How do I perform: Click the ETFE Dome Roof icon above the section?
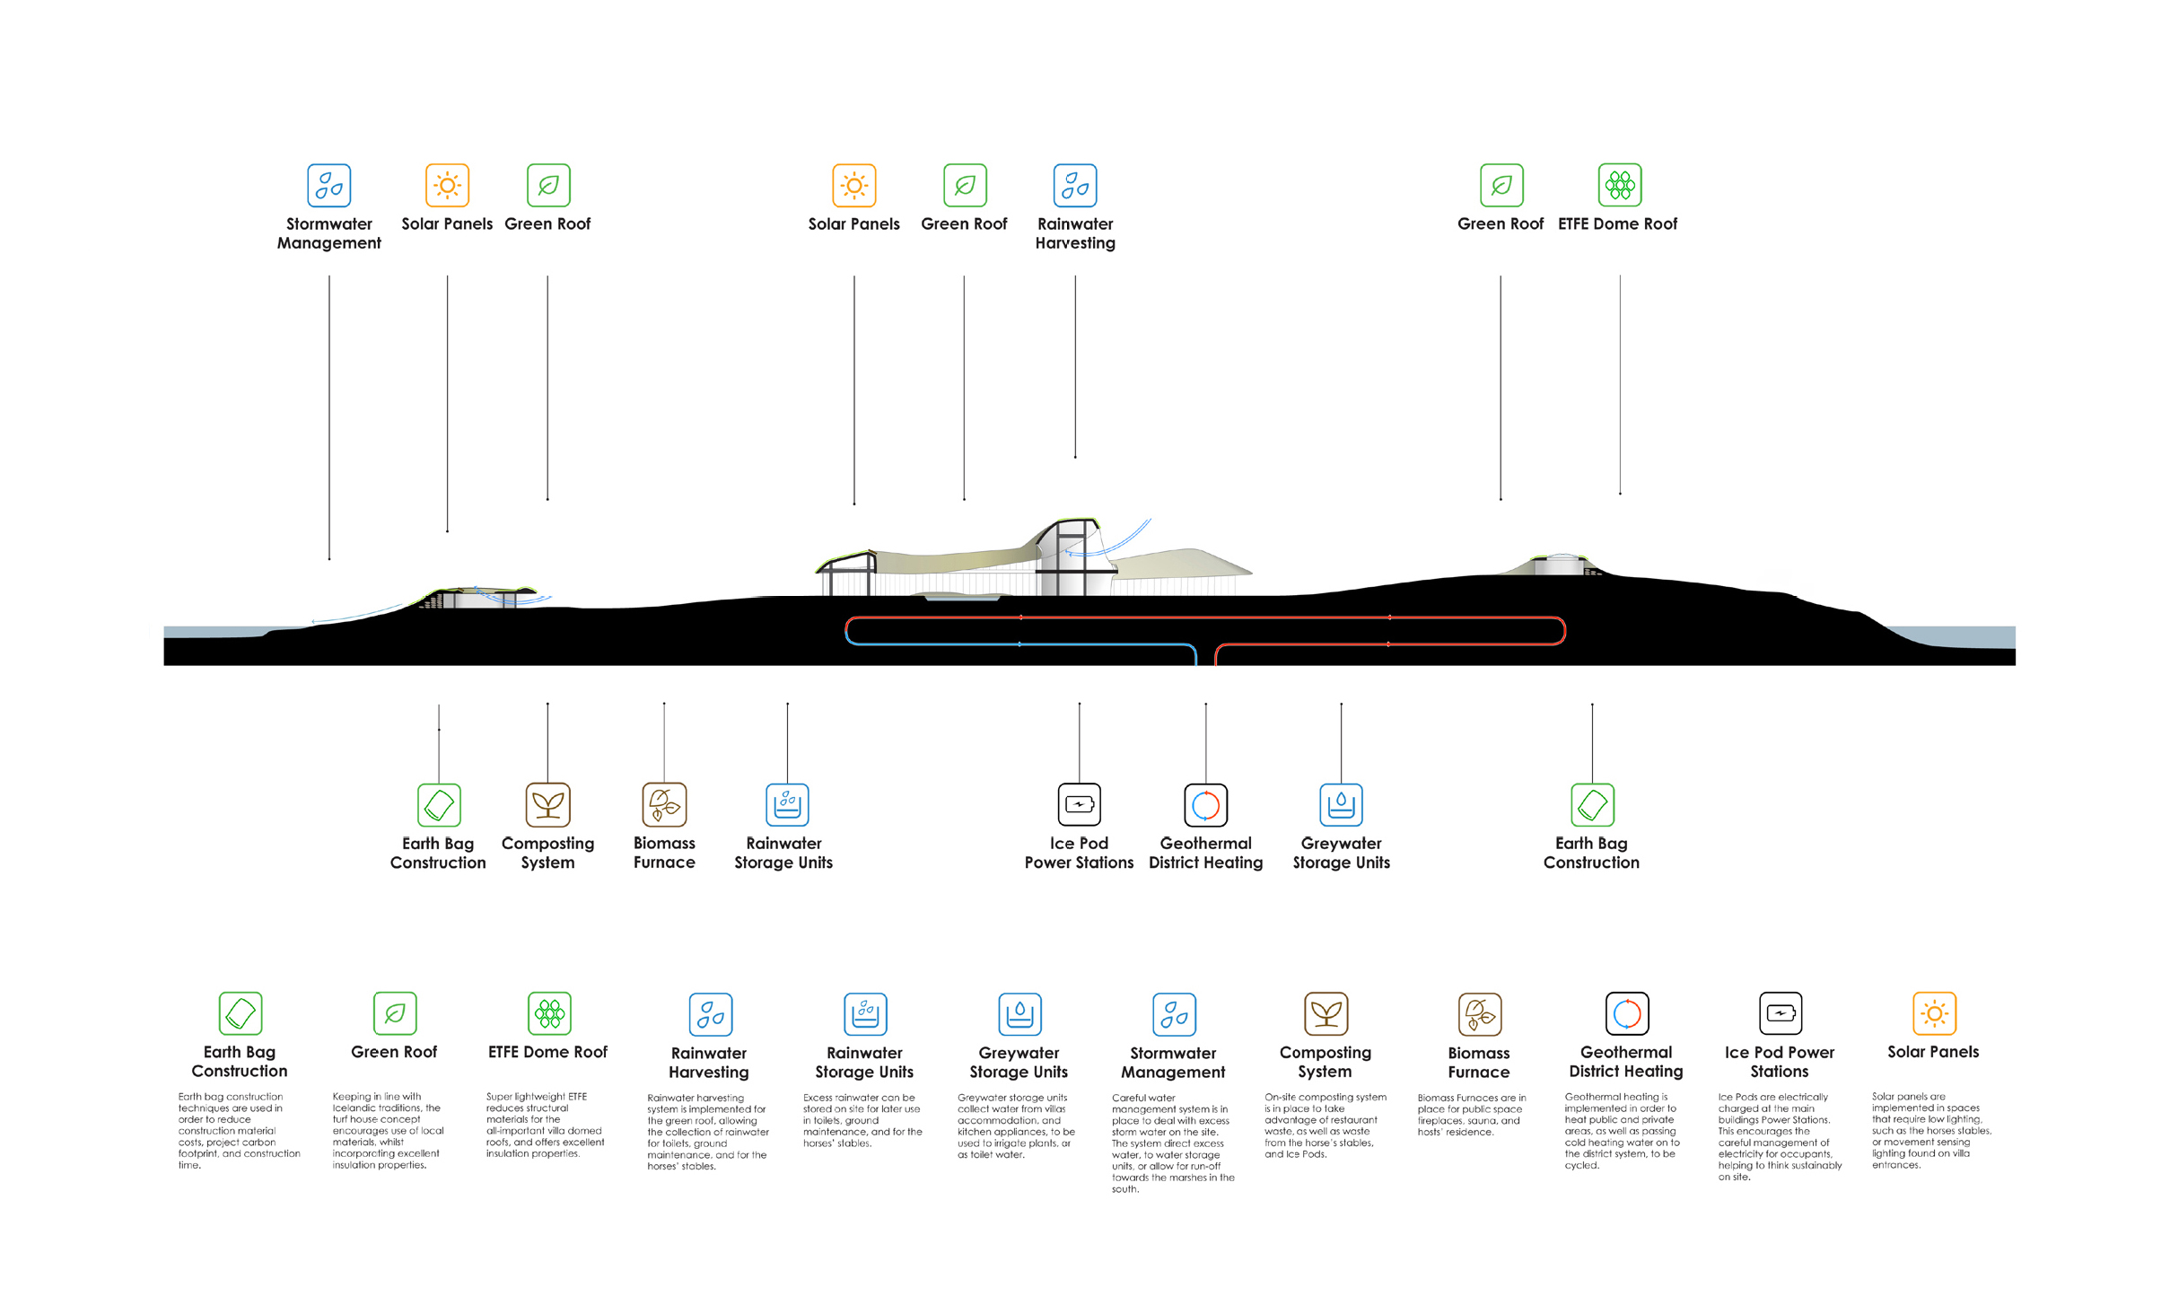[1619, 185]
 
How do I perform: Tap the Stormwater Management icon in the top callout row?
[328, 185]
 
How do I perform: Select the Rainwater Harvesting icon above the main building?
[1074, 185]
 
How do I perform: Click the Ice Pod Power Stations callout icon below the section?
[1079, 804]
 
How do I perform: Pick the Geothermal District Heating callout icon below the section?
[1205, 804]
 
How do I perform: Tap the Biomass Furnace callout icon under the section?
[664, 804]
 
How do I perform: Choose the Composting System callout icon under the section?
[547, 804]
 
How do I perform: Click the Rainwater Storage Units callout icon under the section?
[787, 804]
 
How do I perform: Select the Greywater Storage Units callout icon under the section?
[1341, 804]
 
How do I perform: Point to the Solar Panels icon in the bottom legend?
[1934, 1013]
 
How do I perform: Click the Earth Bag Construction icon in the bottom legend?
[241, 1013]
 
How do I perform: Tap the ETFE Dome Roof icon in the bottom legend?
[549, 1013]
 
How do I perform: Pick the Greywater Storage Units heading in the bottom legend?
[1019, 1062]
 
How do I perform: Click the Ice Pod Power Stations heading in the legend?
[1779, 1061]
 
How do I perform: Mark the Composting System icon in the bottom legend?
[1326, 1013]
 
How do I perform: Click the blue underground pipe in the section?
[1019, 644]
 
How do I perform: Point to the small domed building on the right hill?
[1562, 565]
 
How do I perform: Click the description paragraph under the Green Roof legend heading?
[388, 1130]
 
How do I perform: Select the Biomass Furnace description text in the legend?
[1471, 1114]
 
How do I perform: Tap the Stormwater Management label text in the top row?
[328, 233]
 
